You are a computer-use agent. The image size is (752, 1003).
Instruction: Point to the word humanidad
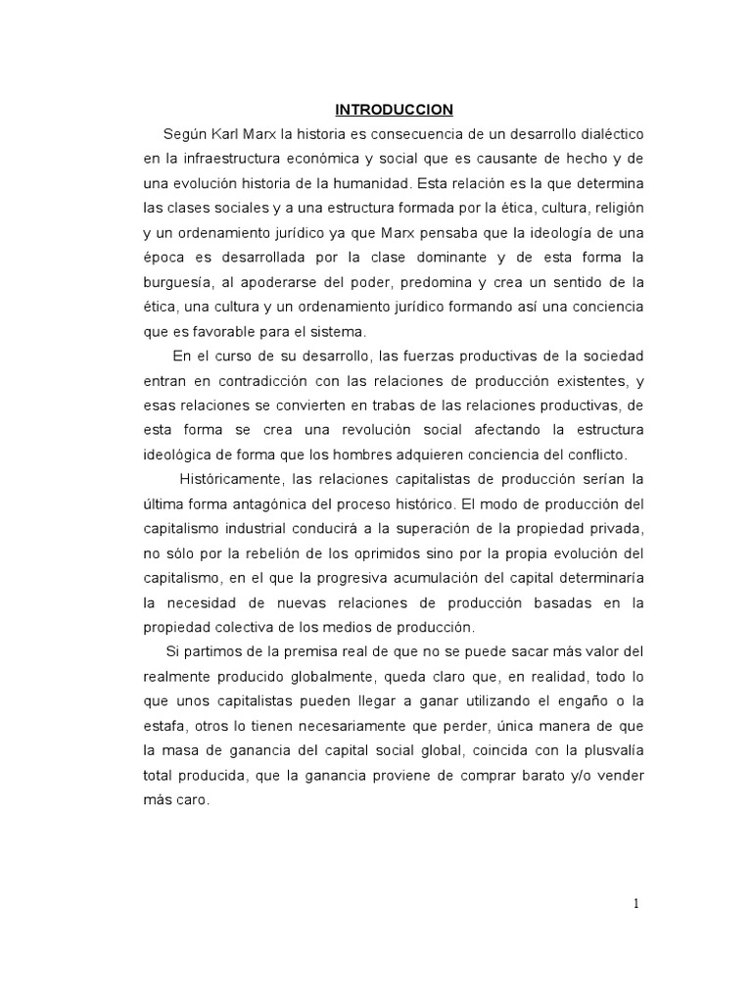[x=374, y=182]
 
